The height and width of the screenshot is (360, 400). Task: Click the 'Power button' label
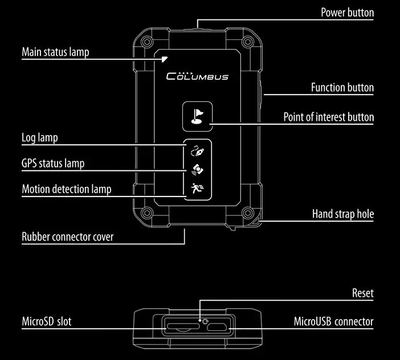pyautogui.click(x=347, y=13)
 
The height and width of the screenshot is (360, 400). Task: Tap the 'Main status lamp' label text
pyautogui.click(x=55, y=52)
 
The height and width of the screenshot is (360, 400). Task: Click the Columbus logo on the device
pyautogui.click(x=197, y=76)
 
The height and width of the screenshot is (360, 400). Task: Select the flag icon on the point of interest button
pyautogui.click(x=197, y=116)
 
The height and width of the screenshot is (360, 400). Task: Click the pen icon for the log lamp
pyautogui.click(x=198, y=151)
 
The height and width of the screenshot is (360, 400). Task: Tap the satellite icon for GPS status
pyautogui.click(x=198, y=170)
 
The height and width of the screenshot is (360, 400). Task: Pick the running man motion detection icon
pyautogui.click(x=197, y=188)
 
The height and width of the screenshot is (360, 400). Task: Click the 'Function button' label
pyautogui.click(x=342, y=88)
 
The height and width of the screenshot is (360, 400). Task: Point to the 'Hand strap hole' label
pyautogui.click(x=343, y=214)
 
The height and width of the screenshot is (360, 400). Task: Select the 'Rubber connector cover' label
pyautogui.click(x=68, y=236)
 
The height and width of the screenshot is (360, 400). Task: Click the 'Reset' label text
pyautogui.click(x=363, y=293)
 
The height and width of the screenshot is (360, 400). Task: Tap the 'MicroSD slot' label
pyautogui.click(x=47, y=321)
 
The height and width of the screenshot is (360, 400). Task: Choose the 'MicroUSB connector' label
pyautogui.click(x=334, y=321)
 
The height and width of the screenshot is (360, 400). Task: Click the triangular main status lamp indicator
pyautogui.click(x=165, y=59)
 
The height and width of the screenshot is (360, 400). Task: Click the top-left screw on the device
pyautogui.click(x=147, y=42)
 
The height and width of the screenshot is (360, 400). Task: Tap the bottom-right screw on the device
pyautogui.click(x=247, y=212)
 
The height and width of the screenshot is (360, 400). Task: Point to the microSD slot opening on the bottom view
pyautogui.click(x=183, y=326)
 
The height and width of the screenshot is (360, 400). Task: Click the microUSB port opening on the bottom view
pyautogui.click(x=217, y=326)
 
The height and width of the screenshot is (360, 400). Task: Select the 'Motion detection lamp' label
pyautogui.click(x=67, y=189)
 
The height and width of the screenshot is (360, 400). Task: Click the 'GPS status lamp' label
pyautogui.click(x=53, y=163)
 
